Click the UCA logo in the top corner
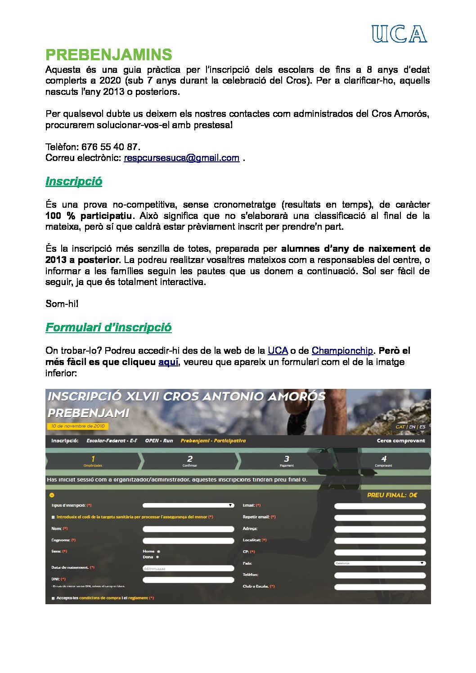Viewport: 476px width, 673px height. [x=399, y=34]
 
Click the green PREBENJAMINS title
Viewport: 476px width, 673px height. [x=108, y=55]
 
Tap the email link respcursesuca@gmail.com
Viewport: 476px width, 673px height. [x=181, y=158]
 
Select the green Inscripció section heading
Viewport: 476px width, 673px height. [x=74, y=181]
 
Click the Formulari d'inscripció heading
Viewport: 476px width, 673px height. [x=108, y=327]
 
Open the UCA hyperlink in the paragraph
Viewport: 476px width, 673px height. [x=278, y=351]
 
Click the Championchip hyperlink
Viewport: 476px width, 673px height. [x=342, y=351]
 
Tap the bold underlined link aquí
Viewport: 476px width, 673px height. [x=168, y=362]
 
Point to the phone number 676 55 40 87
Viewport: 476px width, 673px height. [x=109, y=147]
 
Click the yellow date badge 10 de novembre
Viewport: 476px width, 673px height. [x=77, y=426]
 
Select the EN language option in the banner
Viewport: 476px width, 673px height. [x=412, y=427]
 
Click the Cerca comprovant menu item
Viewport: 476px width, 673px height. [x=400, y=441]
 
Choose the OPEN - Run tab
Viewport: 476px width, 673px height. [x=159, y=441]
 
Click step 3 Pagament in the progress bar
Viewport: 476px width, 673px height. [x=287, y=461]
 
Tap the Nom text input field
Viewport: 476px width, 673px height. [x=188, y=529]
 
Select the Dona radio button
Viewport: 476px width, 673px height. [x=157, y=557]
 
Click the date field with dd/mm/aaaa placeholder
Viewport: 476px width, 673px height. [x=188, y=569]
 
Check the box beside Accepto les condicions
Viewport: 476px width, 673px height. [x=53, y=598]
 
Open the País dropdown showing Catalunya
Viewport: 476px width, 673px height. [x=380, y=563]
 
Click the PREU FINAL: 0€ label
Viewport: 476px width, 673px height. [x=392, y=495]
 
